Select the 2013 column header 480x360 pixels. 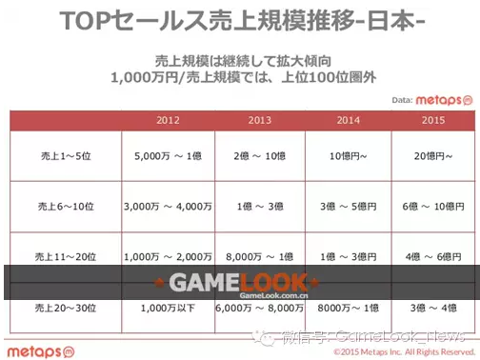[260, 120]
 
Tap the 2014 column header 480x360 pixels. [348, 120]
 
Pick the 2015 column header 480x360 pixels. [432, 120]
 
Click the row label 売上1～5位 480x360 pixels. [65, 154]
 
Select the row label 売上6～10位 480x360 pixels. [65, 205]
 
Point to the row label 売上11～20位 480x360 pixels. [65, 257]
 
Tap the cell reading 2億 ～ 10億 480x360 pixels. [260, 154]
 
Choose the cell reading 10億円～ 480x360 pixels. [348, 154]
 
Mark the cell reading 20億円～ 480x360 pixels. [432, 154]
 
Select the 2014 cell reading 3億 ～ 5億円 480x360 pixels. [348, 205]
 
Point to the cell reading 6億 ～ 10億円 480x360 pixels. [432, 205]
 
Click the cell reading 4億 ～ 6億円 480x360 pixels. [432, 257]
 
